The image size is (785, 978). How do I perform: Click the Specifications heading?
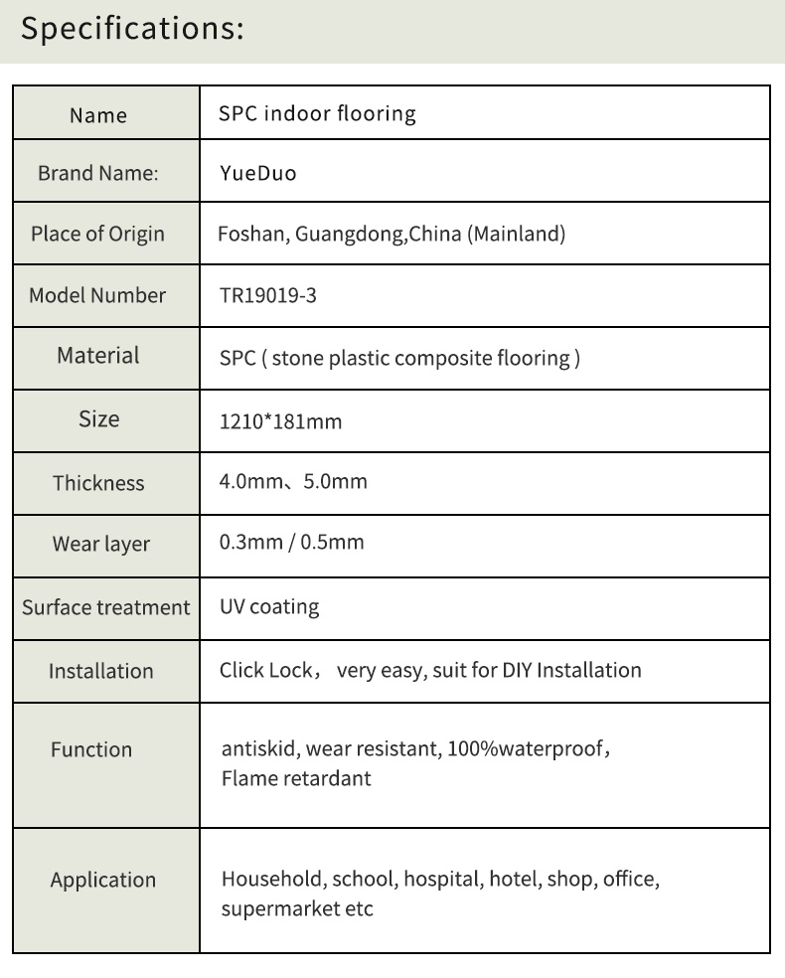click(132, 29)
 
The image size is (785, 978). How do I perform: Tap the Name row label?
click(98, 115)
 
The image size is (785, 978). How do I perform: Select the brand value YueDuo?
click(257, 174)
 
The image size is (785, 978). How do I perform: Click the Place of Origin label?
click(97, 235)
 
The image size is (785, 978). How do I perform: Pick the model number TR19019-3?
click(267, 295)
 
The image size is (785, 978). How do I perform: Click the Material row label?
click(98, 356)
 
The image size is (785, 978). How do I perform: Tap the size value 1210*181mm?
click(280, 421)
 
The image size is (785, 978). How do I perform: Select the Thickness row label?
click(98, 483)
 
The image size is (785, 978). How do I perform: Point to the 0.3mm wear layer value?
click(249, 543)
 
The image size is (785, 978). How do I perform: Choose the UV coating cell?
click(269, 606)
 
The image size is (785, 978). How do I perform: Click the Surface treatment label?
click(105, 607)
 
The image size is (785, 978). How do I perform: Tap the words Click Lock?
click(265, 670)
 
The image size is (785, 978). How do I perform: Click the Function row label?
click(91, 749)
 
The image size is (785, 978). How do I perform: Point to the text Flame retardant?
click(296, 778)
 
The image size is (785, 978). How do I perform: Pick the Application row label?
click(103, 880)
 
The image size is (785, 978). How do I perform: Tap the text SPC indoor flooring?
click(317, 113)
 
